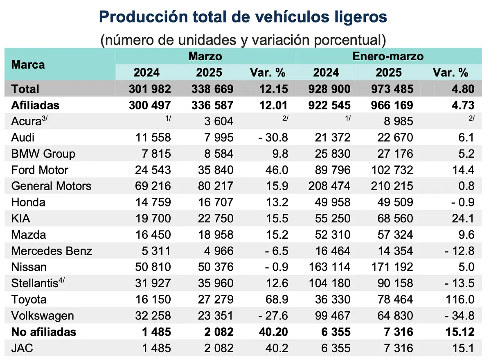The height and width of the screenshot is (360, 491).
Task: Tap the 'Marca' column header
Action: [x=28, y=65]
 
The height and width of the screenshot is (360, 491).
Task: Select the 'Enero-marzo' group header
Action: [x=388, y=56]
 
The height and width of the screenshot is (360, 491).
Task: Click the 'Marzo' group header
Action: [x=205, y=56]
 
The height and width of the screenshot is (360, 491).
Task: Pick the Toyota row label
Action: [x=29, y=299]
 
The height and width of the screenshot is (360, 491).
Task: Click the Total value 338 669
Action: [x=212, y=89]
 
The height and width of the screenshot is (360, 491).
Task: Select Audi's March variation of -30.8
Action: [x=273, y=138]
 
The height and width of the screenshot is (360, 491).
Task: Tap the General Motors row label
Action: [x=51, y=186]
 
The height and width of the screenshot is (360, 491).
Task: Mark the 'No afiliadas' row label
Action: [x=44, y=332]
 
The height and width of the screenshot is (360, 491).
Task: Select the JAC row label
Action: [x=22, y=348]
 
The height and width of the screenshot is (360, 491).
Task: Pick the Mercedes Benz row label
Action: [x=52, y=251]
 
